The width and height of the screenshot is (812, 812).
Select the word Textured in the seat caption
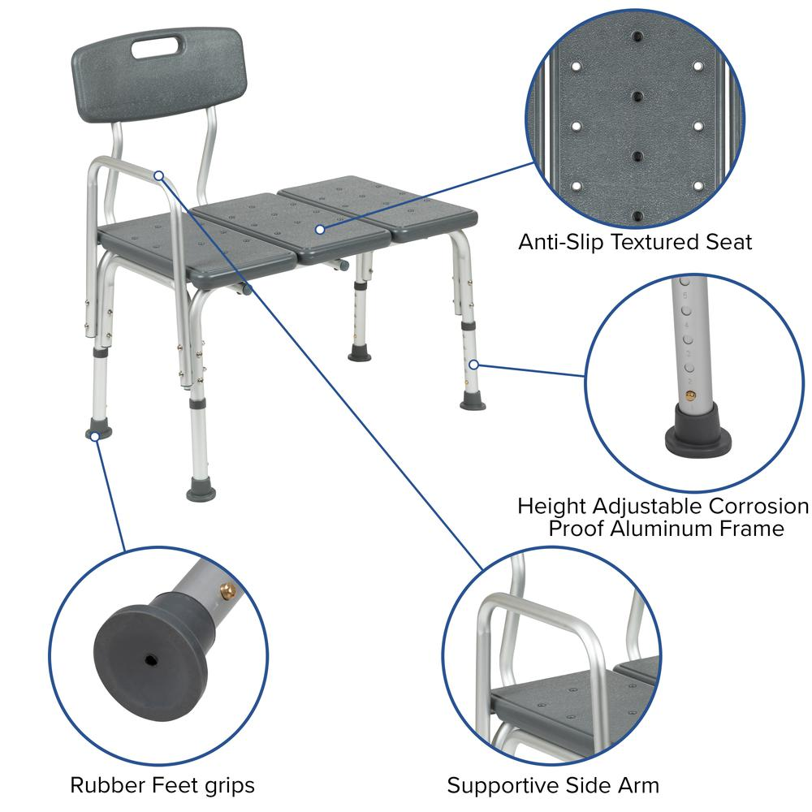658,242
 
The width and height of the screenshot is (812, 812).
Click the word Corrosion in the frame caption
759,506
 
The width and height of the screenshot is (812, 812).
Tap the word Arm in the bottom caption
641,785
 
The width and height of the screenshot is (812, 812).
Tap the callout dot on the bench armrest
159,175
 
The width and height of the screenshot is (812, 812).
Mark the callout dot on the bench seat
321,230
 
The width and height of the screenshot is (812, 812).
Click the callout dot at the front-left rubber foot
95,437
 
